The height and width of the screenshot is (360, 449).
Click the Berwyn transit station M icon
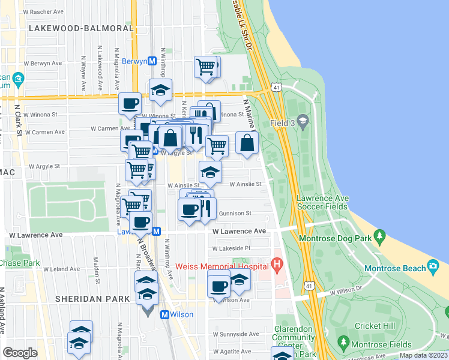pos(152,61)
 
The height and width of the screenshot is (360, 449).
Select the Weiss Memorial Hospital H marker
pos(277,263)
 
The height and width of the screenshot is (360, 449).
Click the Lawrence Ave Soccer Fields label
pos(322,202)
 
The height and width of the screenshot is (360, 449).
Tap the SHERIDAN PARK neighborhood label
pos(92,298)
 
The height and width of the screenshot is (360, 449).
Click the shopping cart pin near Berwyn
pos(205,66)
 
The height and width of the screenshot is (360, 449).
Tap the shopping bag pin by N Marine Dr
pos(247,143)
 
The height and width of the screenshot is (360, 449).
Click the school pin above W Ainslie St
pos(210,171)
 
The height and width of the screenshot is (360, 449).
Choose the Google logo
pos(20,353)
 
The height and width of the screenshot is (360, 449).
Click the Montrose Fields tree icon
pos(344,343)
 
